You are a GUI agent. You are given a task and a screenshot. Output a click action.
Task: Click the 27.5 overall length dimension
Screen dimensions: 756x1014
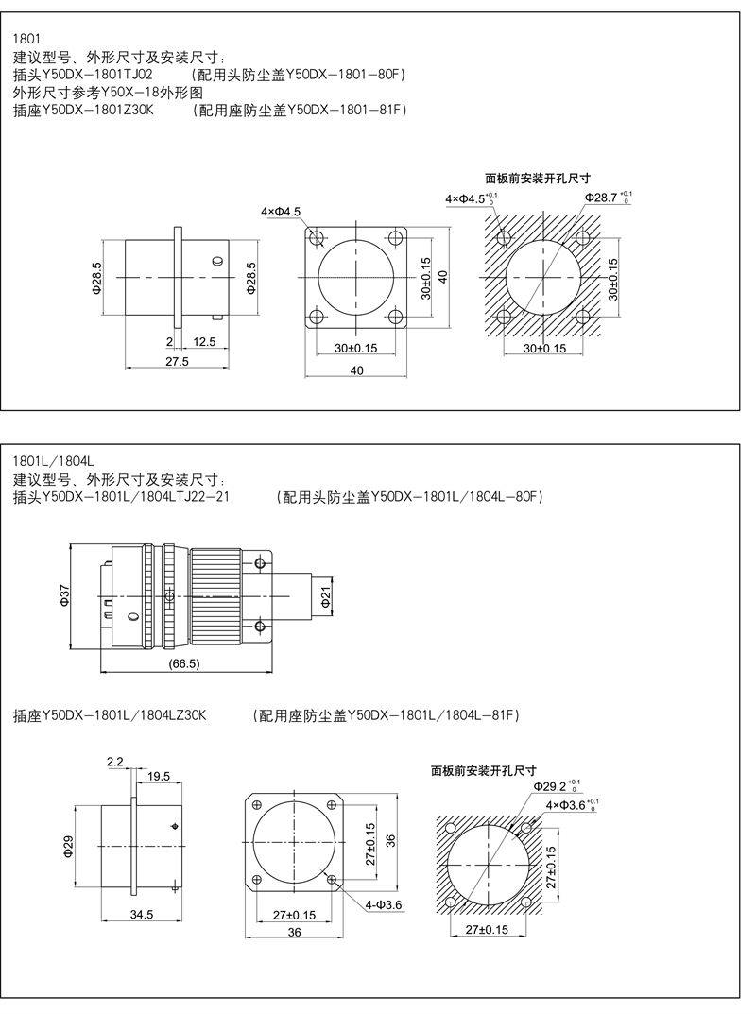pos(177,362)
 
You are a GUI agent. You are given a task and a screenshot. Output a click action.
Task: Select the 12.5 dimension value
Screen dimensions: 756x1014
pos(204,341)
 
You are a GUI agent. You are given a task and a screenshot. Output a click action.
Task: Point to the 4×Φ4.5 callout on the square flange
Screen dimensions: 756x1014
pos(281,212)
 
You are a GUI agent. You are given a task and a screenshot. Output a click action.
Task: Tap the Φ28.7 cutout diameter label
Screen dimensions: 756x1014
pos(609,198)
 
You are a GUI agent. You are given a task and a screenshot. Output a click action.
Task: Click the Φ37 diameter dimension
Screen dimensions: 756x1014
pos(64,596)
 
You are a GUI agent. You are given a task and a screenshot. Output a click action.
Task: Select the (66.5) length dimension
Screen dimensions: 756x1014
pos(184,663)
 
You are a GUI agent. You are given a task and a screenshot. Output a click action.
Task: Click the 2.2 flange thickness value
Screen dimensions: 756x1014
pos(115,762)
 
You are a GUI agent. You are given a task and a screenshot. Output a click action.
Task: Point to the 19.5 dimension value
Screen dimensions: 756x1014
pos(159,776)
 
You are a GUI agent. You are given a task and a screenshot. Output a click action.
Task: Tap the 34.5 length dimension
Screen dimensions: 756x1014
pos(142,915)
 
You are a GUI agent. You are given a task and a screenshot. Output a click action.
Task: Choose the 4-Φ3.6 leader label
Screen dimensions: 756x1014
pos(384,904)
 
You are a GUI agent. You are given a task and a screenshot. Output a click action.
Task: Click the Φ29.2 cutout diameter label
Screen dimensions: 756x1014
pos(557,786)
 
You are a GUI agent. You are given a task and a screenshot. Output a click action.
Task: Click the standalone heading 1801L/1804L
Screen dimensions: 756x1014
pos(54,461)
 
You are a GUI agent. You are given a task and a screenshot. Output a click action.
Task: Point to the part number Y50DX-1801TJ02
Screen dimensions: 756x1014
pos(97,75)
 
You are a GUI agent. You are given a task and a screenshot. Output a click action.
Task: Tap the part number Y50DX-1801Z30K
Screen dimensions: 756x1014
pos(98,110)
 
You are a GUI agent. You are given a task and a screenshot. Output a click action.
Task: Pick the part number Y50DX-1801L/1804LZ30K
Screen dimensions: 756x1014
pos(124,715)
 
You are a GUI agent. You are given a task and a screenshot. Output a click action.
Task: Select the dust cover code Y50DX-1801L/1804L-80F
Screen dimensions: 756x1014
pos(454,497)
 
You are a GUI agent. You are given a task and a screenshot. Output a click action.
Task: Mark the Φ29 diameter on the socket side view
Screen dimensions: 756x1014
pos(69,846)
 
